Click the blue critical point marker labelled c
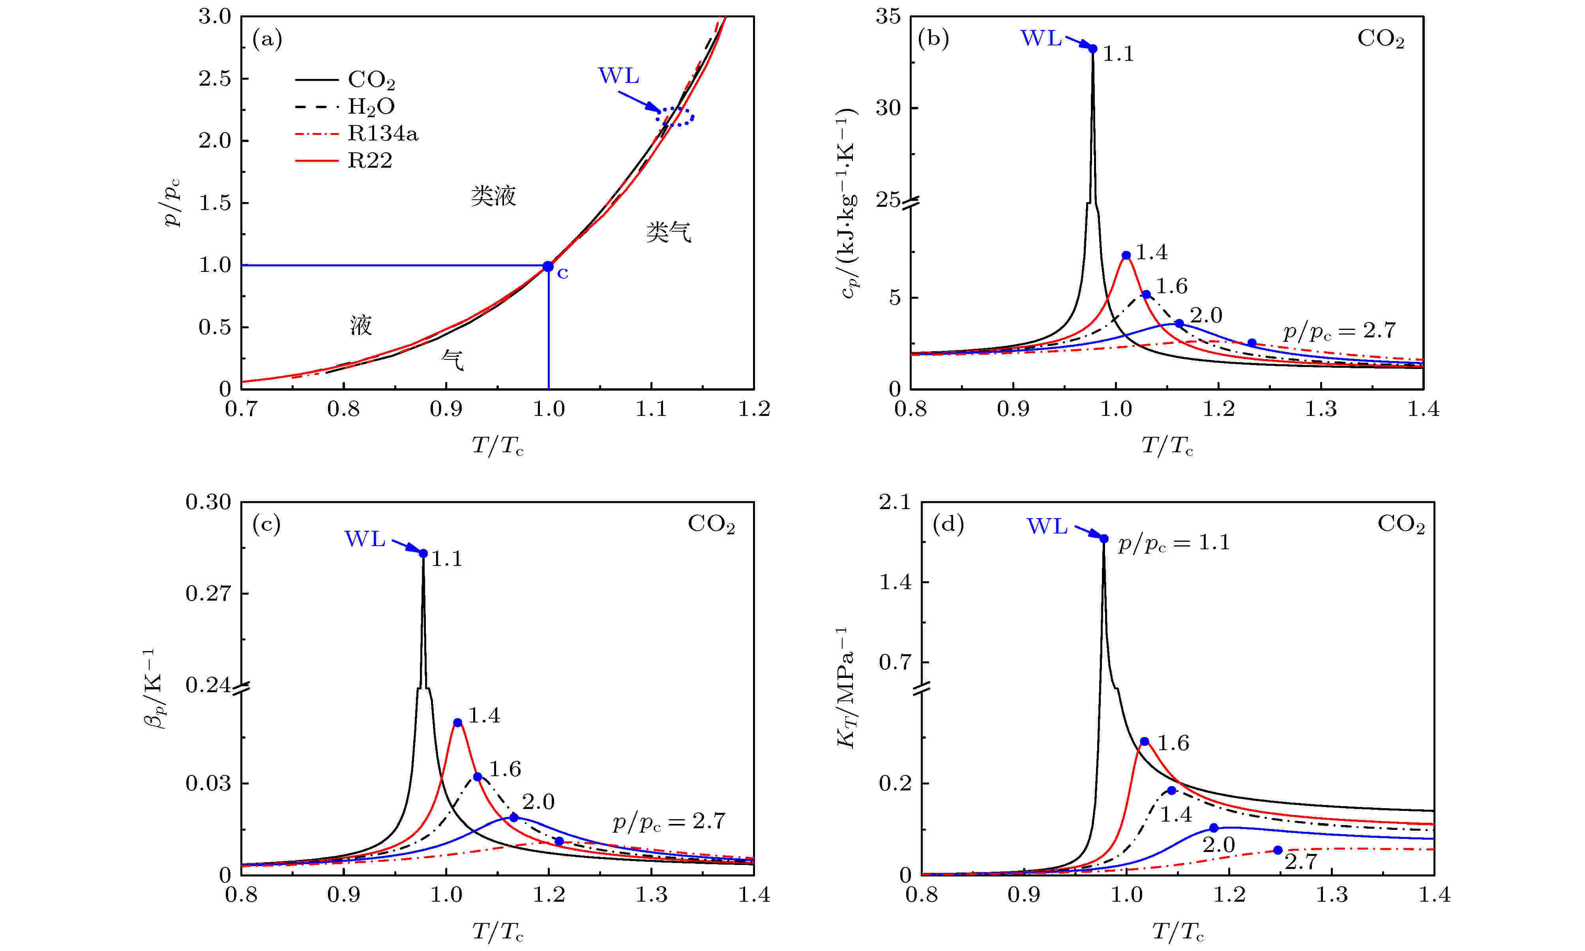pyautogui.click(x=548, y=266)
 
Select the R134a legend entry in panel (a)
pyautogui.click(x=382, y=133)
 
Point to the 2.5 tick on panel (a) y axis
pyautogui.click(x=215, y=78)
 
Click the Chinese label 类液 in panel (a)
pyautogui.click(x=493, y=195)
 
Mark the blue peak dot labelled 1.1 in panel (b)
pyautogui.click(x=1093, y=49)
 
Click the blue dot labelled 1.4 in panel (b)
pyautogui.click(x=1126, y=255)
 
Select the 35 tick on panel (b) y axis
pyautogui.click(x=888, y=17)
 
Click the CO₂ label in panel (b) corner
pyautogui.click(x=1381, y=39)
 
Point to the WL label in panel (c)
pyautogui.click(x=365, y=539)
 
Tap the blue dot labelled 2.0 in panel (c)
pyautogui.click(x=513, y=818)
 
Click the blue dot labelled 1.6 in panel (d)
pyautogui.click(x=1145, y=741)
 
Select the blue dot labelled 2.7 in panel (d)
pyautogui.click(x=1278, y=850)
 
